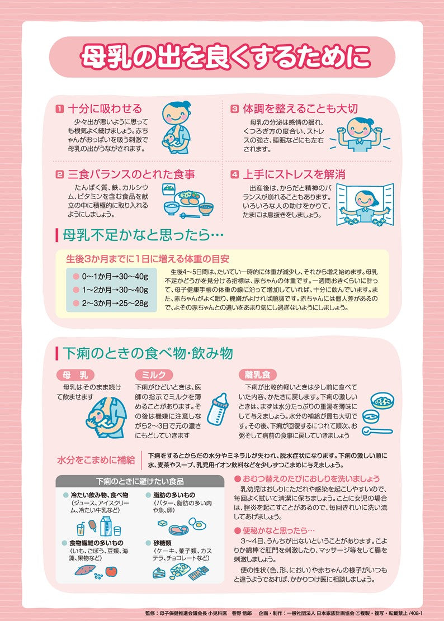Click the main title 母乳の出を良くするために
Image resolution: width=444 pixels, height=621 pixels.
point(222,57)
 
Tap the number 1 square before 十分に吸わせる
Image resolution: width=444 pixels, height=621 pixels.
point(59,109)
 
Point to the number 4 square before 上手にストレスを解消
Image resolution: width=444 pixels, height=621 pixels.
point(234,174)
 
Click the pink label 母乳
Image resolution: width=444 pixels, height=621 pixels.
point(75,375)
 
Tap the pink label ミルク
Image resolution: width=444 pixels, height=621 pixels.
point(154,375)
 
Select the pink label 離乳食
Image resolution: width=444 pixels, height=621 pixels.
point(257,375)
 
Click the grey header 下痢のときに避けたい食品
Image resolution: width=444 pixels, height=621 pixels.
point(140,481)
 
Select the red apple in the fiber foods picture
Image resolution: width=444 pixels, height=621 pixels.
point(112,571)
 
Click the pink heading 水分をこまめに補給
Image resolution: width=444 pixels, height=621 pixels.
point(96,461)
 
